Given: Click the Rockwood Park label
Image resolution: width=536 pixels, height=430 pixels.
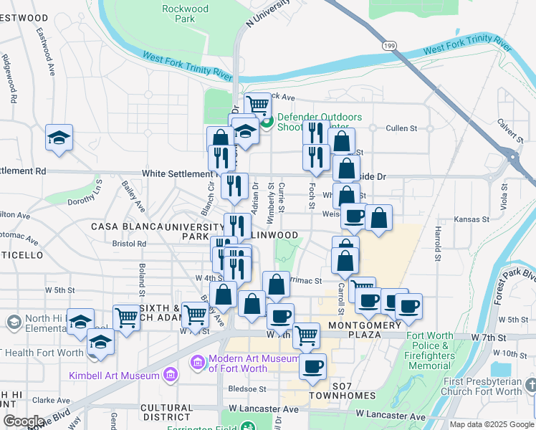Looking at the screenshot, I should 185,14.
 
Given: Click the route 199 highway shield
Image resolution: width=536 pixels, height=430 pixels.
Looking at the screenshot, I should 389,46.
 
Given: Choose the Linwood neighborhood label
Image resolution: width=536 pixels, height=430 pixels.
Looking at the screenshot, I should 275,235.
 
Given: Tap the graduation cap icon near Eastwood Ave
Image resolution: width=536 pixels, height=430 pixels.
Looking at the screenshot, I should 59,137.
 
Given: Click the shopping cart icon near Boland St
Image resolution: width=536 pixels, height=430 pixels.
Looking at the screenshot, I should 126,316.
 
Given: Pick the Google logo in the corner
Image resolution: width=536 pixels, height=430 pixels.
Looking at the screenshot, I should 24,421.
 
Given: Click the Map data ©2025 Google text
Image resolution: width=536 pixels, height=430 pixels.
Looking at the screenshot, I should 492,424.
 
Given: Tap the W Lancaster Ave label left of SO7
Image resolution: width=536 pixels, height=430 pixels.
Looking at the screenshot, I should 263,409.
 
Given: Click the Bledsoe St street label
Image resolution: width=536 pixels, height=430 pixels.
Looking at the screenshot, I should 247,389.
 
